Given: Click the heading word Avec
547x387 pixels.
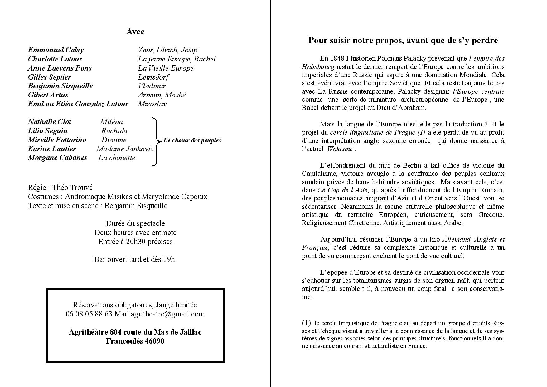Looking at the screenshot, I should [135, 32].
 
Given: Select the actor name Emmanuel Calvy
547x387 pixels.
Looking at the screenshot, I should [56, 50].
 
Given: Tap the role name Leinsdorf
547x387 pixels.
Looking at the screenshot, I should [153, 77].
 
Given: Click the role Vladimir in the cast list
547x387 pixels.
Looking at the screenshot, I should [152, 86].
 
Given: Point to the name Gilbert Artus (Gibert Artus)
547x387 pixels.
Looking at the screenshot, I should [48, 95].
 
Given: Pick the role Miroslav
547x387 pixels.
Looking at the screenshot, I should [152, 104].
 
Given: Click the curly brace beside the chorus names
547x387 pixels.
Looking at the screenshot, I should [156, 141].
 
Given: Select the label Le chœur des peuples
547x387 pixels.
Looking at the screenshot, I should [192, 140].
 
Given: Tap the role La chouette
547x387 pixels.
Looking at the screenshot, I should [117, 158].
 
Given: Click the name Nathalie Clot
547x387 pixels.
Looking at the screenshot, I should [50, 122].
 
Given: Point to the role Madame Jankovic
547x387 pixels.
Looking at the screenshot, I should [125, 149].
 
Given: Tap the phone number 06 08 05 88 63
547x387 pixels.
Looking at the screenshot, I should [89, 314].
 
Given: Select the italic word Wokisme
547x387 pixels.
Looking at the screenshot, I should [340, 149].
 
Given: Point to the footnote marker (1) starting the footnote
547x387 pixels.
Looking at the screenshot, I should [306, 322].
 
